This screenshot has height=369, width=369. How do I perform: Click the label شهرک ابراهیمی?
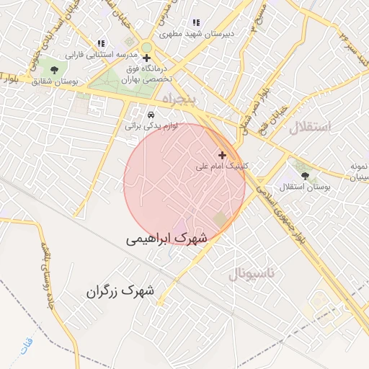coord(166,237)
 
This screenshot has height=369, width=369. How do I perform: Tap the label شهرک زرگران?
coord(120,291)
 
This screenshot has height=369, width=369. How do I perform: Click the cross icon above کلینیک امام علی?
coord(222,154)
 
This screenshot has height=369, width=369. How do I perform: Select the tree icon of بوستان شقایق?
coord(54,69)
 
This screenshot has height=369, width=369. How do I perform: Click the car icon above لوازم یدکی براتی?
coord(151,115)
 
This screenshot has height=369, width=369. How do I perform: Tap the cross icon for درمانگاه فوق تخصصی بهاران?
coord(147,58)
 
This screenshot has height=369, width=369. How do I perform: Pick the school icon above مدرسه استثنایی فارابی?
coord(100,43)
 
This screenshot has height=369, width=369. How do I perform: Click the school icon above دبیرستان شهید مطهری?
coord(196,22)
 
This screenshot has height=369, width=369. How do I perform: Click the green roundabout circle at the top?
coord(146,48)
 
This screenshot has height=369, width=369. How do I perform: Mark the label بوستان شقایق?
coord(55,81)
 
